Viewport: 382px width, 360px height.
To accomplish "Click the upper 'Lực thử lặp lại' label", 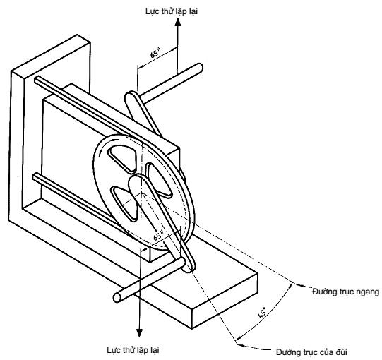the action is [x=172, y=11].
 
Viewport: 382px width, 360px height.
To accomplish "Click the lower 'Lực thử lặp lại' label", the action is [x=133, y=350].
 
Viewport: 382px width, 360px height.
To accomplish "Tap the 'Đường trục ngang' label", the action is [x=346, y=292].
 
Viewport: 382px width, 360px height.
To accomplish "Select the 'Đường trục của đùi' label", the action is [x=311, y=352].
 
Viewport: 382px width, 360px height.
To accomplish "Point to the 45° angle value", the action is [x=262, y=312].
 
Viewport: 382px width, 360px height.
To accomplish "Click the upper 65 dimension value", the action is [x=155, y=53].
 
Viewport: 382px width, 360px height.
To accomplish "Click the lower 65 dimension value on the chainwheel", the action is [x=158, y=235].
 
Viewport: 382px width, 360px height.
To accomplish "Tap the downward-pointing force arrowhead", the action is [x=139, y=333].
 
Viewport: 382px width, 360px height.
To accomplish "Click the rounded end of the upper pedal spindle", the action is [x=199, y=68].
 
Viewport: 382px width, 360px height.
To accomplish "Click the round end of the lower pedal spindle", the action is [x=117, y=297].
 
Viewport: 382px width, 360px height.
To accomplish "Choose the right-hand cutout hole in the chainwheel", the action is [x=158, y=179].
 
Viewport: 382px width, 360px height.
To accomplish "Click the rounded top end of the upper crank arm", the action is [x=131, y=95].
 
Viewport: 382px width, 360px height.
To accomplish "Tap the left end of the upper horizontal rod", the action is [x=37, y=80].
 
